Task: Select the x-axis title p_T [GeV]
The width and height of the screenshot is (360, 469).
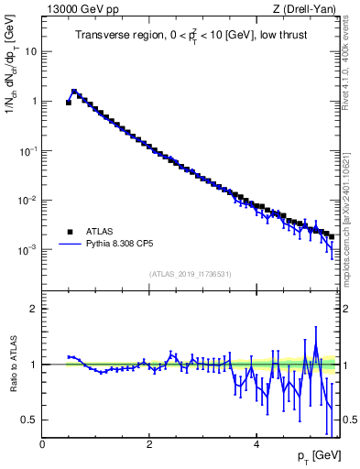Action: [319, 455]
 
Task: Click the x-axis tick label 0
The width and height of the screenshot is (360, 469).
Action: [42, 444]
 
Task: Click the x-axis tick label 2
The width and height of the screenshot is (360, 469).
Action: [148, 444]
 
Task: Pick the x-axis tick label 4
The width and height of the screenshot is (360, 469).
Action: [256, 444]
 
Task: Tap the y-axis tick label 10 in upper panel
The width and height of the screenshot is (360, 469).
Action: [30, 51]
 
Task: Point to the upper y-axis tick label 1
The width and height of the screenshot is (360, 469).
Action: [34, 101]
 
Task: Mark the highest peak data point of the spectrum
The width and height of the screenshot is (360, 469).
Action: [74, 92]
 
